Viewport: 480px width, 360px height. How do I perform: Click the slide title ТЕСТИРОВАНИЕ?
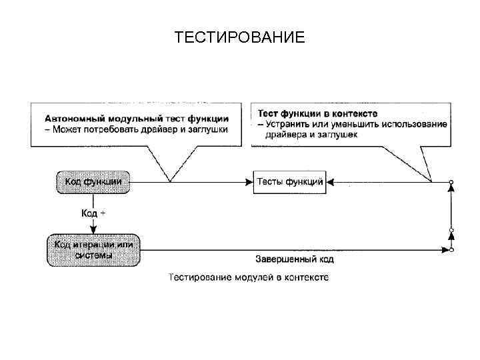point(239,37)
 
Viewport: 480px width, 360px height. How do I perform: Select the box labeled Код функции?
point(93,181)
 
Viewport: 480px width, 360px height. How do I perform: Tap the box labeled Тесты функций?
point(289,181)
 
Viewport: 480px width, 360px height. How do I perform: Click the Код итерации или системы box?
point(93,249)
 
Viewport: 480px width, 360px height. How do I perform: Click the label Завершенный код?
point(294,259)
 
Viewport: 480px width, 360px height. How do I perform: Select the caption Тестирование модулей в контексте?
point(248,277)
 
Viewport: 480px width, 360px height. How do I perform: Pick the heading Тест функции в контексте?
point(318,114)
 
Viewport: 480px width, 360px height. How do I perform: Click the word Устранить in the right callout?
point(287,124)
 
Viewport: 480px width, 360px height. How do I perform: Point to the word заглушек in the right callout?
point(338,135)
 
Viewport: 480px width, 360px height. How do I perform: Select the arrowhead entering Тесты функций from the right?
point(331,181)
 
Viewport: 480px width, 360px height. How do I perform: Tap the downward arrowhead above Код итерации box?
point(93,229)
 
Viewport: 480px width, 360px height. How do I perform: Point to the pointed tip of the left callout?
point(171,181)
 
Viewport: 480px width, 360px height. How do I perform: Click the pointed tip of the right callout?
point(431,180)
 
